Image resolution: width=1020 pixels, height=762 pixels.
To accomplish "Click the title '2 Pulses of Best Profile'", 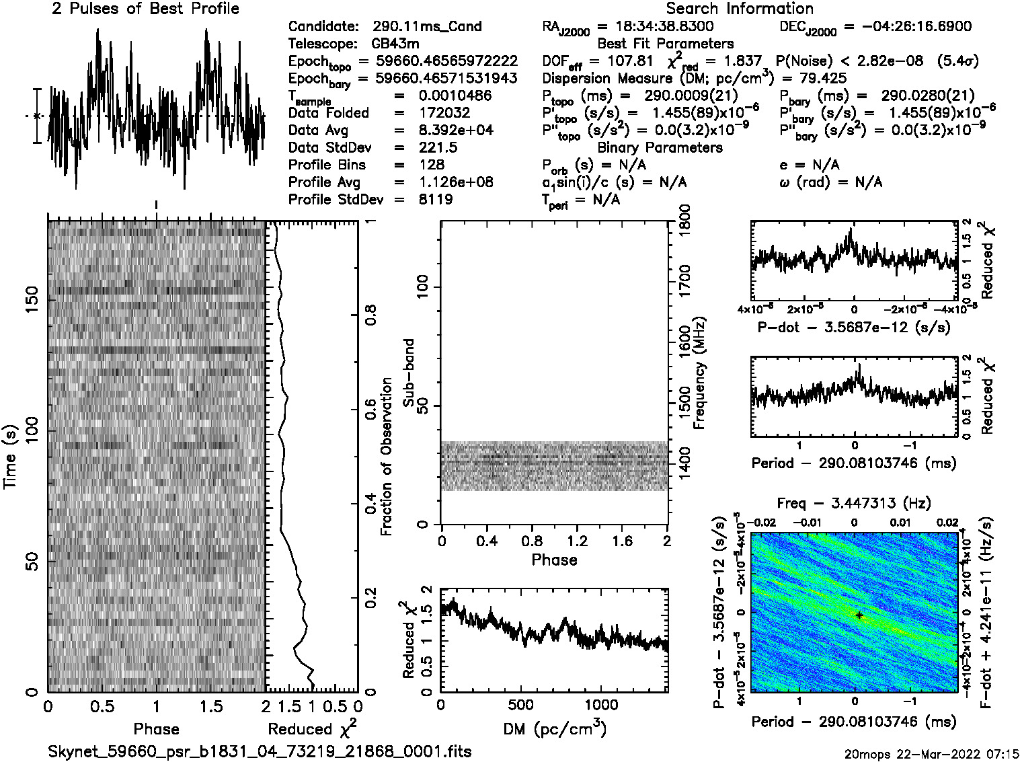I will pyautogui.click(x=145, y=9).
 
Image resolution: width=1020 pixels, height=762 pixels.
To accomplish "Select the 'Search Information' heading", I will pyautogui.click(x=739, y=9).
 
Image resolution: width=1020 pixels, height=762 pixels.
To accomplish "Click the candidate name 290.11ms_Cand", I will pyautogui.click(x=427, y=26).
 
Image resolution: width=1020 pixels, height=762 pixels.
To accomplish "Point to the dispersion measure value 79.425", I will pyautogui.click(x=821, y=78).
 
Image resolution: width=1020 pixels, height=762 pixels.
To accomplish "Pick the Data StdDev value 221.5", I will pyautogui.click(x=437, y=147).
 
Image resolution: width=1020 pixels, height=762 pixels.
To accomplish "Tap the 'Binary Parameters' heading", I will pyautogui.click(x=660, y=147).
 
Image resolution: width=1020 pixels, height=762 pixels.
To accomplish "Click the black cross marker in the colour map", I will pyautogui.click(x=859, y=615).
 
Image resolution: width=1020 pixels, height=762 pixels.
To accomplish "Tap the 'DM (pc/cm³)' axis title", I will pyautogui.click(x=554, y=728).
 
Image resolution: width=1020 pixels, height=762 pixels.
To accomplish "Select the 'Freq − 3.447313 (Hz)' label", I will pyautogui.click(x=854, y=503).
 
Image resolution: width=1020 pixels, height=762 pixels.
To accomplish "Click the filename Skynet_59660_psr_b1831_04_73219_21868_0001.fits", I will pyautogui.click(x=260, y=751).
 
